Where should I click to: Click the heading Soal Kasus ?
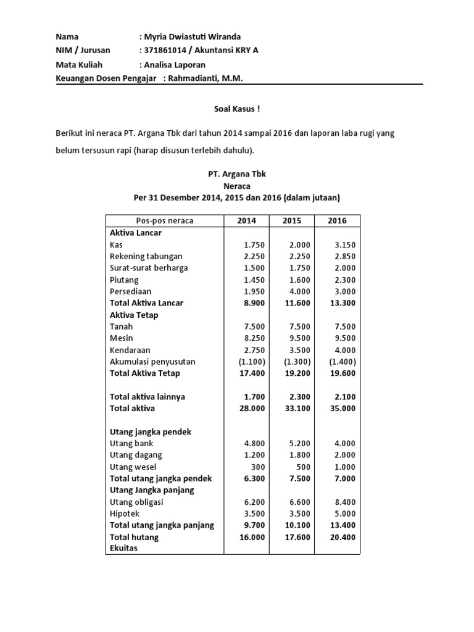[237, 109]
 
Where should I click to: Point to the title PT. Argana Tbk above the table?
[237, 175]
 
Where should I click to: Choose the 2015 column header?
[292, 221]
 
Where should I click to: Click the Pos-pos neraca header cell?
[164, 221]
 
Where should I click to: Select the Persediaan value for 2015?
[299, 291]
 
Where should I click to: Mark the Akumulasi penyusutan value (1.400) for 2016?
[343, 362]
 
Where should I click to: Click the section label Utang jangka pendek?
[150, 431]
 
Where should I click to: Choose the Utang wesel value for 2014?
[257, 467]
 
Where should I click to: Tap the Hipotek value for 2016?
[344, 513]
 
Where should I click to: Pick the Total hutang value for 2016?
[342, 537]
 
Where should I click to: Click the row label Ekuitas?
[125, 547]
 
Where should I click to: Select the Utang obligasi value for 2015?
[299, 502]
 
